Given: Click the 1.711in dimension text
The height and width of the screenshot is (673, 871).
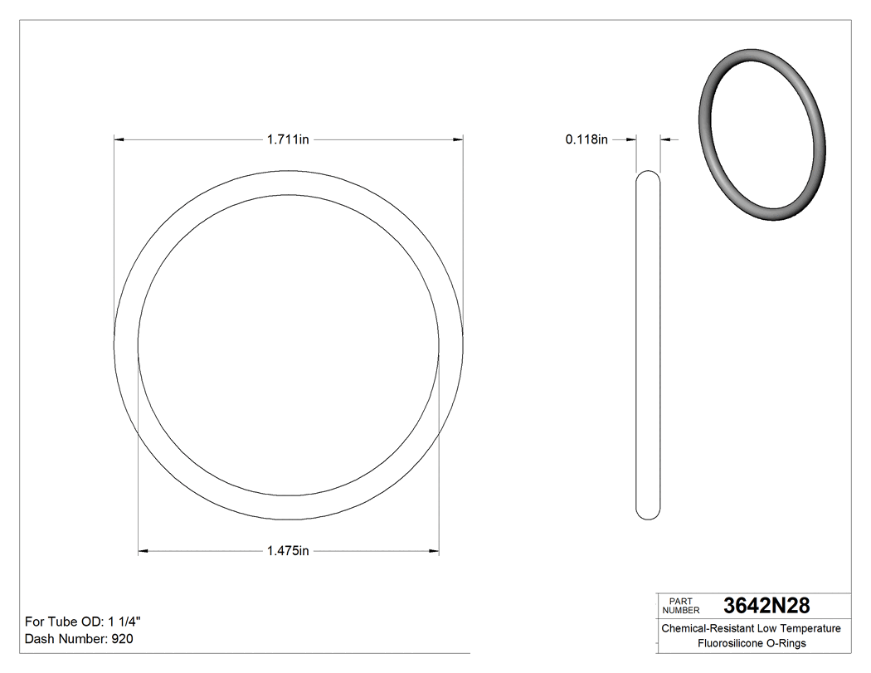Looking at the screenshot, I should [x=288, y=140].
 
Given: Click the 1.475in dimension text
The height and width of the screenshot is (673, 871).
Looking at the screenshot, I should [x=288, y=550].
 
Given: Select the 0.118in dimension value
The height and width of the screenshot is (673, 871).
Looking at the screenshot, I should [x=586, y=140].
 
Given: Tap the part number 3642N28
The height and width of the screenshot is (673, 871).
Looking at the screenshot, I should [x=766, y=606].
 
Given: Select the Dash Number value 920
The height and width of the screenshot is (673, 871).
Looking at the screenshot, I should [x=122, y=639].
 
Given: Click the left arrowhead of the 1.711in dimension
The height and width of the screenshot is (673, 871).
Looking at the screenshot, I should [x=119, y=140].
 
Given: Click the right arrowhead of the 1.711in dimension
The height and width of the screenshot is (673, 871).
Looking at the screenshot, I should [x=458, y=140].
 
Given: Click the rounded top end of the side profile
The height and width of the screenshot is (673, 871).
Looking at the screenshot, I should [x=648, y=176].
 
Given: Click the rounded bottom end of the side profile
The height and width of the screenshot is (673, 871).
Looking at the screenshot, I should [x=648, y=515].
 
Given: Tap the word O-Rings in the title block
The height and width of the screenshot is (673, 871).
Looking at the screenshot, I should [x=785, y=643].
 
